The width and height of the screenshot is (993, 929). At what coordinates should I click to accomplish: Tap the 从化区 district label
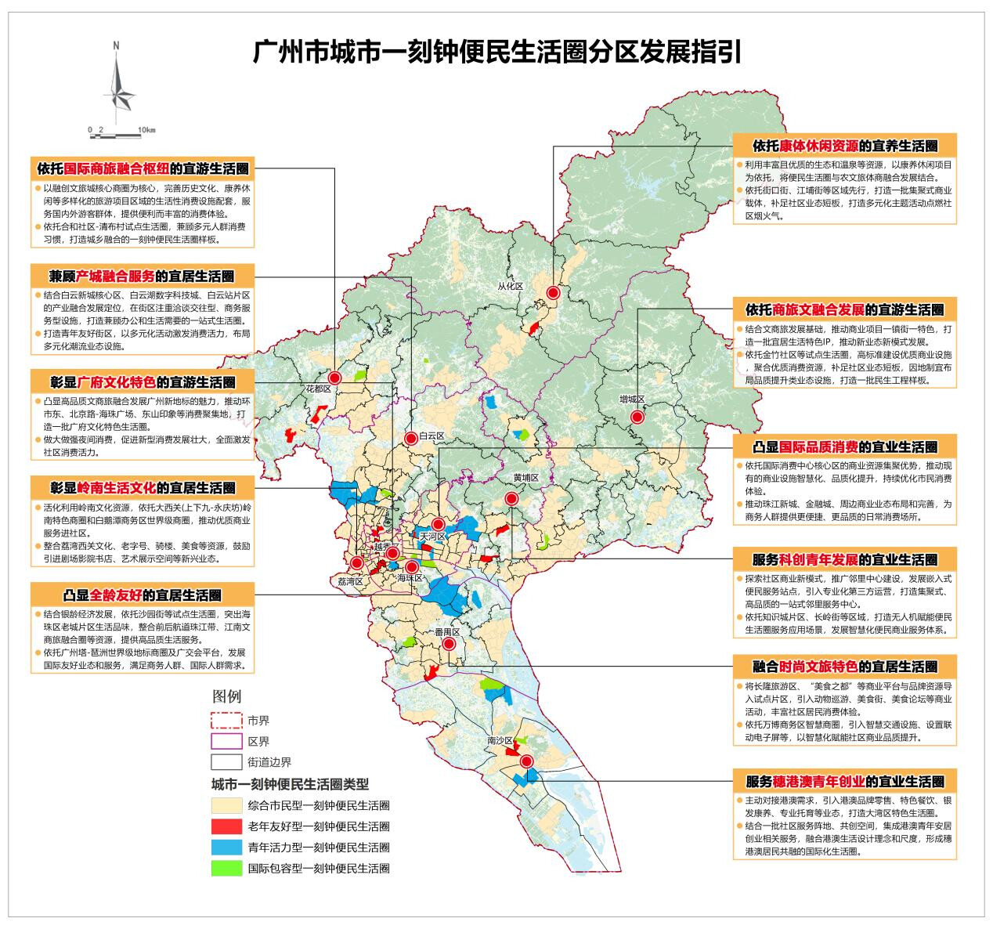[x=510, y=286]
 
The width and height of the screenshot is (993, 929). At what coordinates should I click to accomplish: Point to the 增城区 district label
[x=631, y=399]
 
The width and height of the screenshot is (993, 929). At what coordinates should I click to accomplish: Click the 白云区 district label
[x=431, y=436]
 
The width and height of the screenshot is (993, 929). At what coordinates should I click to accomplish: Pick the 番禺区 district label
[x=447, y=631]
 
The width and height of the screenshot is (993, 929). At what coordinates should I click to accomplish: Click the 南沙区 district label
[x=499, y=740]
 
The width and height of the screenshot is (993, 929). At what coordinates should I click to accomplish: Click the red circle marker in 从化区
[x=553, y=293]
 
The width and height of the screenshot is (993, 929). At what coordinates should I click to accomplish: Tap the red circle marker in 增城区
[x=637, y=418]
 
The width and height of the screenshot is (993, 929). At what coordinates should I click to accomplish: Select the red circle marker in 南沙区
[x=527, y=761]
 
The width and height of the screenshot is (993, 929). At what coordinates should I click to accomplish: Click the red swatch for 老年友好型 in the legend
[x=226, y=826]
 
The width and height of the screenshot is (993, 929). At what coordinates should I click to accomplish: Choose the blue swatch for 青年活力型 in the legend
[x=226, y=847]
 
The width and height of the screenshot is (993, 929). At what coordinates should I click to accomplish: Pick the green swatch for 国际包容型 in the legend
[x=226, y=868]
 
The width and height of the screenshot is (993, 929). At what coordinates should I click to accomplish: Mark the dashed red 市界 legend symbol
[x=226, y=720]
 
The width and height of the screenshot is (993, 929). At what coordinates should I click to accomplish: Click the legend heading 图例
[x=227, y=696]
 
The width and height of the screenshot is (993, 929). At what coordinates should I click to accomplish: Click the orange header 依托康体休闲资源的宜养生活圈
[x=845, y=146]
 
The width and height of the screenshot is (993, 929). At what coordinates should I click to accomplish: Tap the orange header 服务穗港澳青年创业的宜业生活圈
[x=845, y=781]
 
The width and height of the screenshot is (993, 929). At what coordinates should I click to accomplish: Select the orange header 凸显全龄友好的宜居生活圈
[x=143, y=595]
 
